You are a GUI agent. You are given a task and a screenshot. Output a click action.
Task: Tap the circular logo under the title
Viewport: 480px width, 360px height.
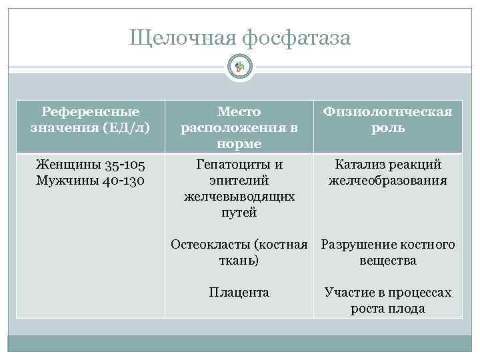pyautogui.click(x=240, y=67)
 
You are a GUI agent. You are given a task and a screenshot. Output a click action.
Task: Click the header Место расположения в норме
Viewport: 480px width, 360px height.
pyautogui.click(x=239, y=127)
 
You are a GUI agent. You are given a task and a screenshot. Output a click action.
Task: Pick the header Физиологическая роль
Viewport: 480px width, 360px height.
pyautogui.click(x=388, y=119)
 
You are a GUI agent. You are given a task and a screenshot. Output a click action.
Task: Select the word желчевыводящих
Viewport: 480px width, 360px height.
pyautogui.click(x=239, y=197)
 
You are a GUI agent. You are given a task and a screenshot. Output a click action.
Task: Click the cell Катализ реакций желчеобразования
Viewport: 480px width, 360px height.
pyautogui.click(x=388, y=172)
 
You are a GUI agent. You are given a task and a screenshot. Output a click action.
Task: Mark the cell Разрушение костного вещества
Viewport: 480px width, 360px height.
pyautogui.click(x=388, y=253)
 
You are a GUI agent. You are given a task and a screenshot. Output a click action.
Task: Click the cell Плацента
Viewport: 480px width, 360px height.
pyautogui.click(x=239, y=293)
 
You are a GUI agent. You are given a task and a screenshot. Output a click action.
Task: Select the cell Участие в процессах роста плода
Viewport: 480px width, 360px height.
pyautogui.click(x=388, y=301)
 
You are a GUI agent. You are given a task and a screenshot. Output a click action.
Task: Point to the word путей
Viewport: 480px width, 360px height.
pyautogui.click(x=239, y=213)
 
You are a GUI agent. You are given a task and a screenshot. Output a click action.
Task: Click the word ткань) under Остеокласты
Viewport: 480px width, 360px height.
pyautogui.click(x=239, y=261)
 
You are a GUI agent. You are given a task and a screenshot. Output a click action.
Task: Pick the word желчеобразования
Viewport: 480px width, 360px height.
pyautogui.click(x=388, y=181)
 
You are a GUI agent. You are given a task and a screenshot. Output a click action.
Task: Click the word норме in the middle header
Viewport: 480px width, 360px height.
pyautogui.click(x=239, y=143)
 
